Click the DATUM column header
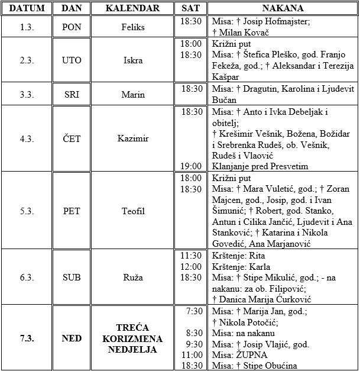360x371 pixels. coord(27,8)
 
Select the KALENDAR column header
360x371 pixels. coord(133,8)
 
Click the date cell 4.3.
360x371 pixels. coord(26,139)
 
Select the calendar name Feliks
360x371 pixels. coord(133,27)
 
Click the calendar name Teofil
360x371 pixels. coord(133,210)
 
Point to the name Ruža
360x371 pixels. coord(133,277)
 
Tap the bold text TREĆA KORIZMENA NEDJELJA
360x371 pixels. coord(133,338)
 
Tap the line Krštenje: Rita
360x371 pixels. coord(238,256)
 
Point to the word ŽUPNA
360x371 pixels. coord(252,354)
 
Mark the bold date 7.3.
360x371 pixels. coord(26,338)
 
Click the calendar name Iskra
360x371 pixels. coord(133,60)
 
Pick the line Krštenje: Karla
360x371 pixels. coord(240,266)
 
